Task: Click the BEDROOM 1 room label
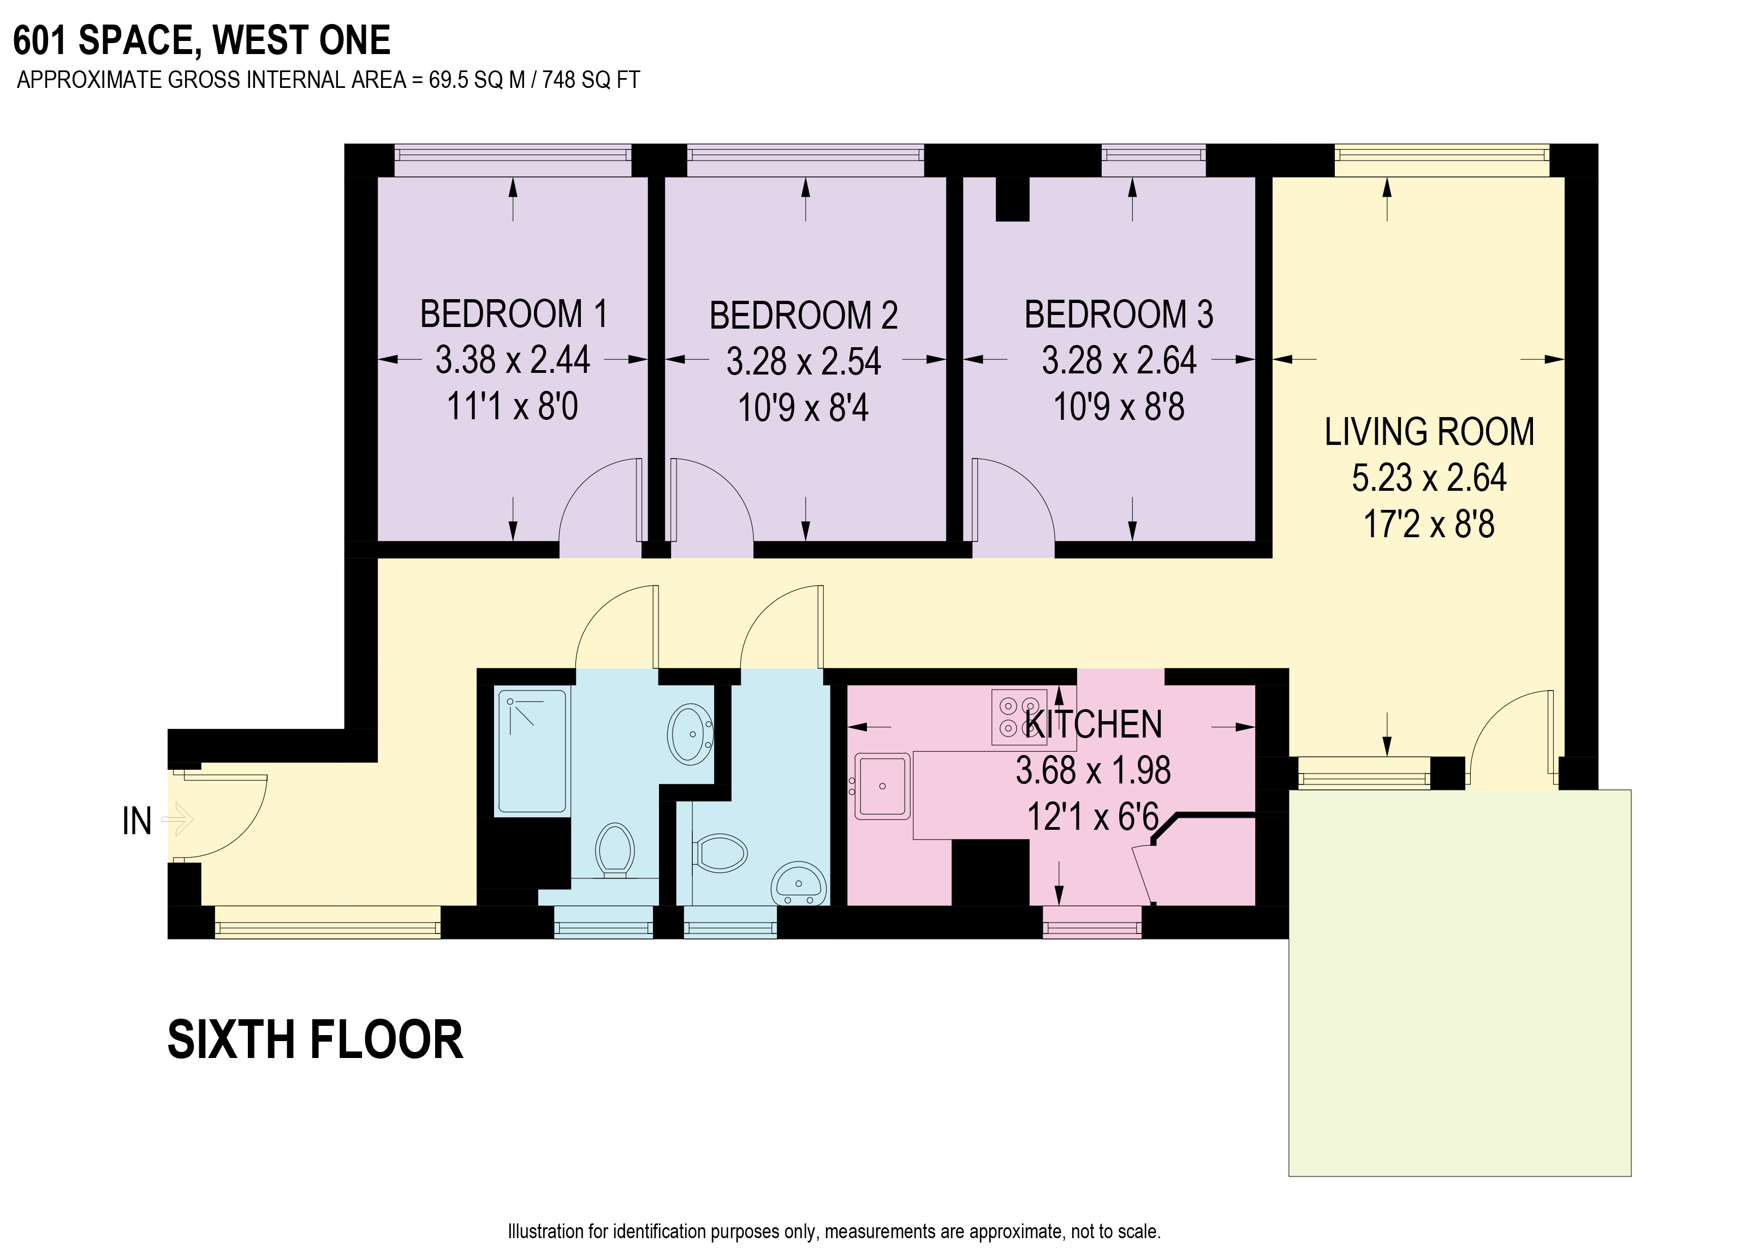click(x=514, y=314)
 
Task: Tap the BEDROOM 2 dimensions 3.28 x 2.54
click(x=804, y=361)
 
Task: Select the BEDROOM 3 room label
click(x=1119, y=314)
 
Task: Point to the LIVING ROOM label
click(x=1429, y=431)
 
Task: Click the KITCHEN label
click(x=1095, y=724)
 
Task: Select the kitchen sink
click(x=883, y=786)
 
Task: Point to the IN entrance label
click(x=137, y=822)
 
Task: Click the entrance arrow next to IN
click(x=177, y=819)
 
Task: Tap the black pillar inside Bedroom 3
click(x=1012, y=199)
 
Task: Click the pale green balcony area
click(x=1460, y=983)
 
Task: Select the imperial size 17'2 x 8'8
click(x=1429, y=525)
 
